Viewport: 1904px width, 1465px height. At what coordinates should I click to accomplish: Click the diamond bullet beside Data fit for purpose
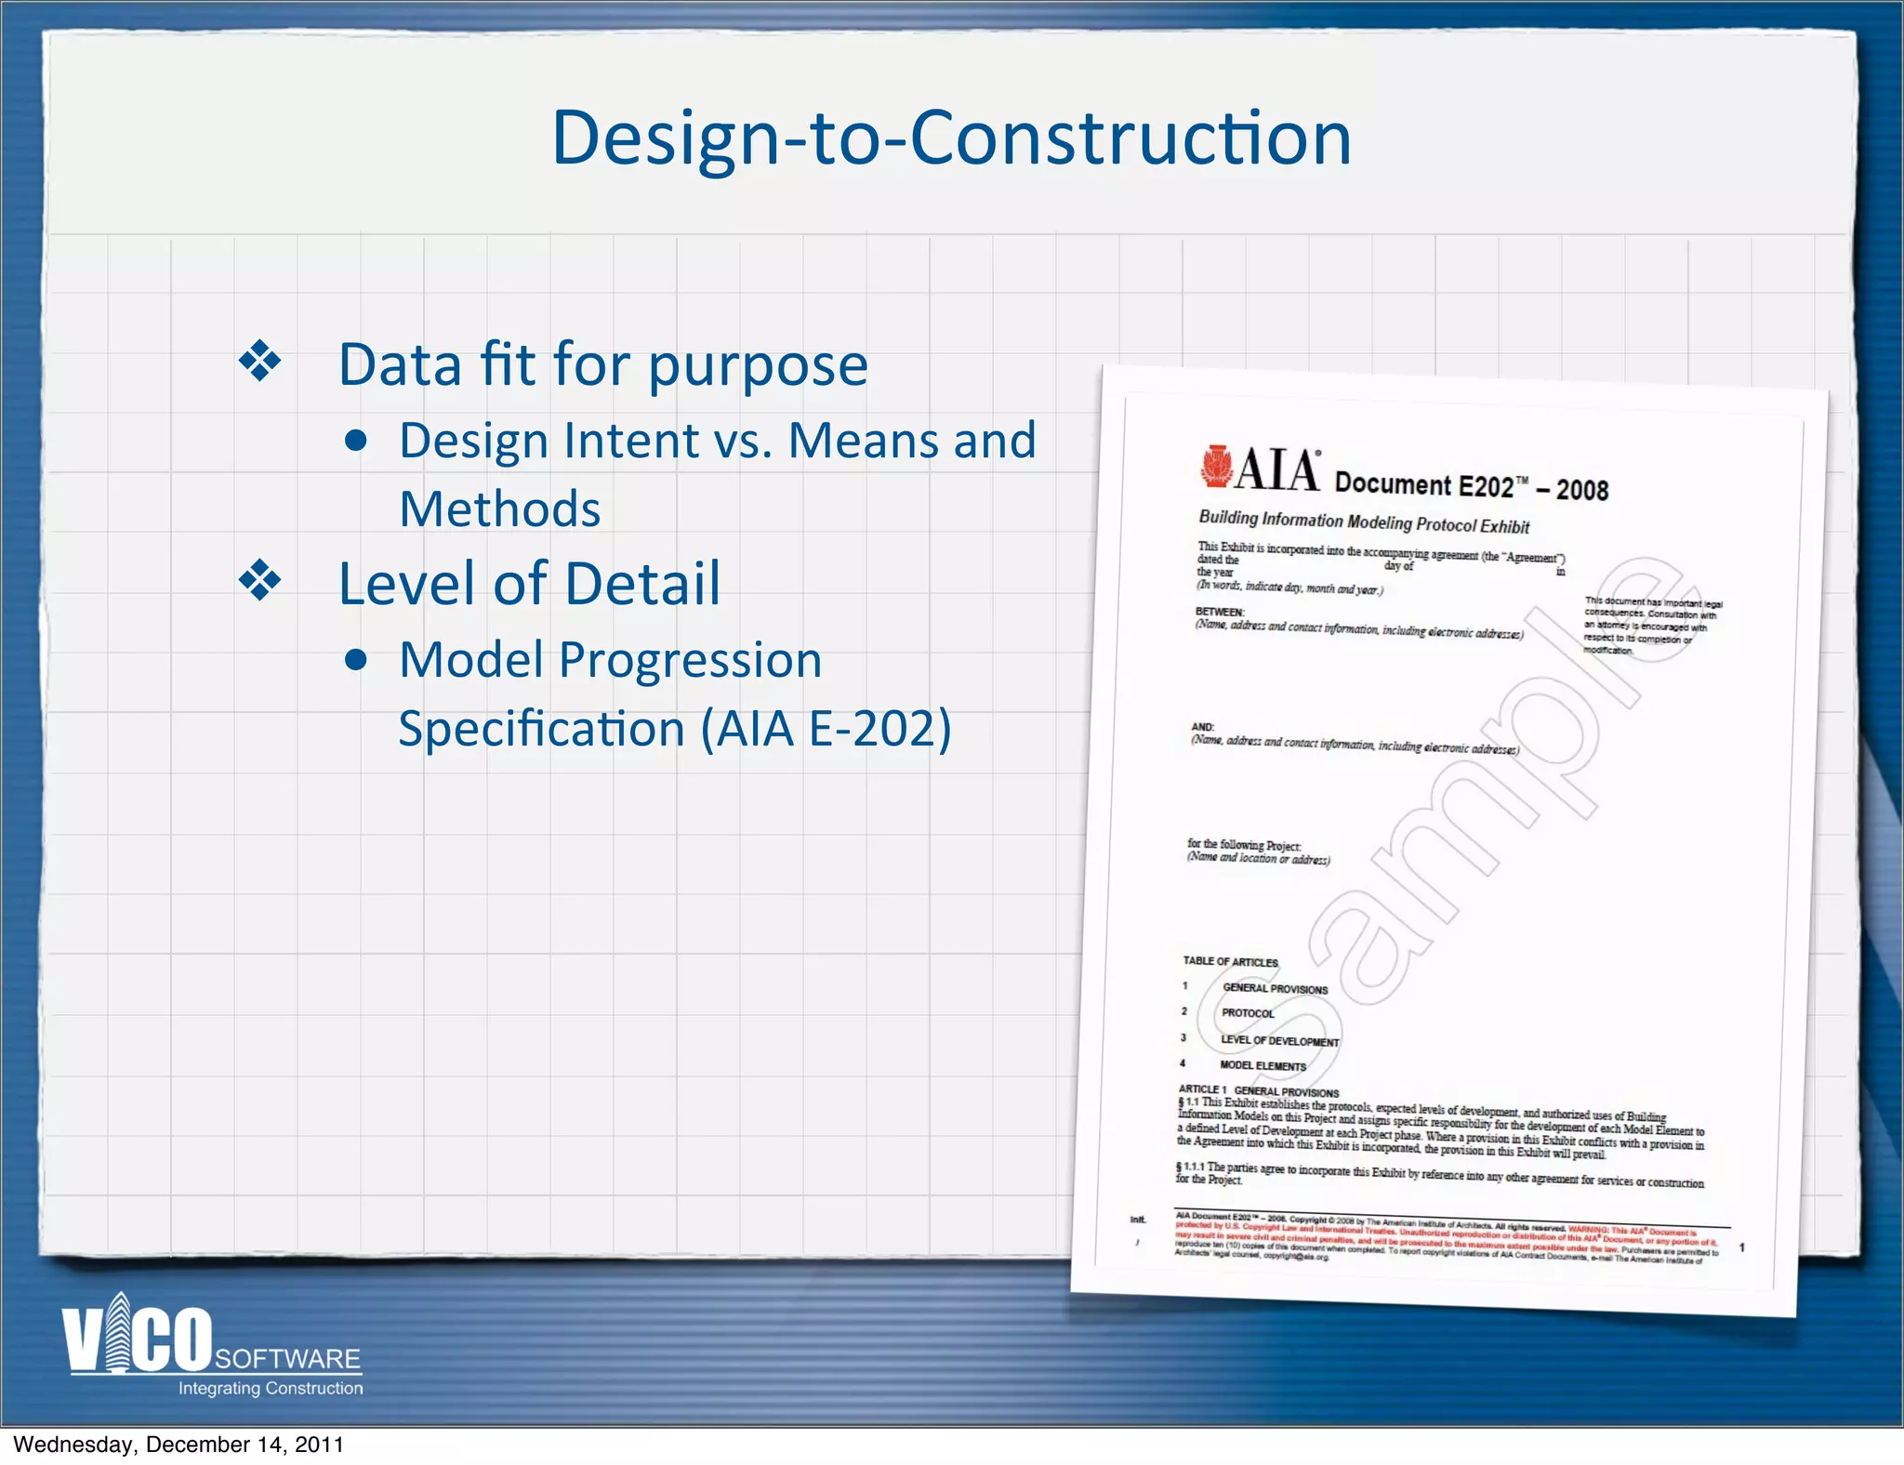click(x=260, y=363)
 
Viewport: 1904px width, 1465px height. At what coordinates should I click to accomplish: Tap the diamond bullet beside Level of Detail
click(x=260, y=581)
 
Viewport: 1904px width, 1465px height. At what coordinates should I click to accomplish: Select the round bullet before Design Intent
click(x=355, y=441)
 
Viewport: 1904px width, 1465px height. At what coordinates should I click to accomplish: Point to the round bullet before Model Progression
click(x=355, y=660)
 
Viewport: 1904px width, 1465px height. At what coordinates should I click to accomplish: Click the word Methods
click(x=500, y=509)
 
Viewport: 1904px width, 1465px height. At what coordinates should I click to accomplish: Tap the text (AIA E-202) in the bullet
click(x=826, y=729)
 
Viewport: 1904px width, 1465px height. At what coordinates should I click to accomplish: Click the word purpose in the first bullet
click(x=758, y=365)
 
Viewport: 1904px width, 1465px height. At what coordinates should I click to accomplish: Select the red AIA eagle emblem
click(x=1215, y=466)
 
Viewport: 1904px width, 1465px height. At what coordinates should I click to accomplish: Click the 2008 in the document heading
click(x=1581, y=490)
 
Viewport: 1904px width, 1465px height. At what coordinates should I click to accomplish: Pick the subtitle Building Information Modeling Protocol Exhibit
click(x=1363, y=521)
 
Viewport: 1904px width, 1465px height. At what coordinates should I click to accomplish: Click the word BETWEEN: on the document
click(x=1219, y=612)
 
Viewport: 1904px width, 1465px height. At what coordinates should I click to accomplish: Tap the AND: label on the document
click(x=1202, y=727)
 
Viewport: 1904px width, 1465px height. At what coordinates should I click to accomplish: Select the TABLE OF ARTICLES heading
click(x=1230, y=961)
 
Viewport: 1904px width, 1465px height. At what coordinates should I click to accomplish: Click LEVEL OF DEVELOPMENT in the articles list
click(x=1279, y=1040)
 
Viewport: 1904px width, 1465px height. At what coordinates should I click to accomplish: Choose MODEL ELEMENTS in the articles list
click(x=1263, y=1065)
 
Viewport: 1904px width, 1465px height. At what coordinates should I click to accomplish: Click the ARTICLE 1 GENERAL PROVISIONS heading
click(x=1258, y=1090)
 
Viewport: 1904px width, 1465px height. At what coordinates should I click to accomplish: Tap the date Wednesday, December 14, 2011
click(x=178, y=1445)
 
